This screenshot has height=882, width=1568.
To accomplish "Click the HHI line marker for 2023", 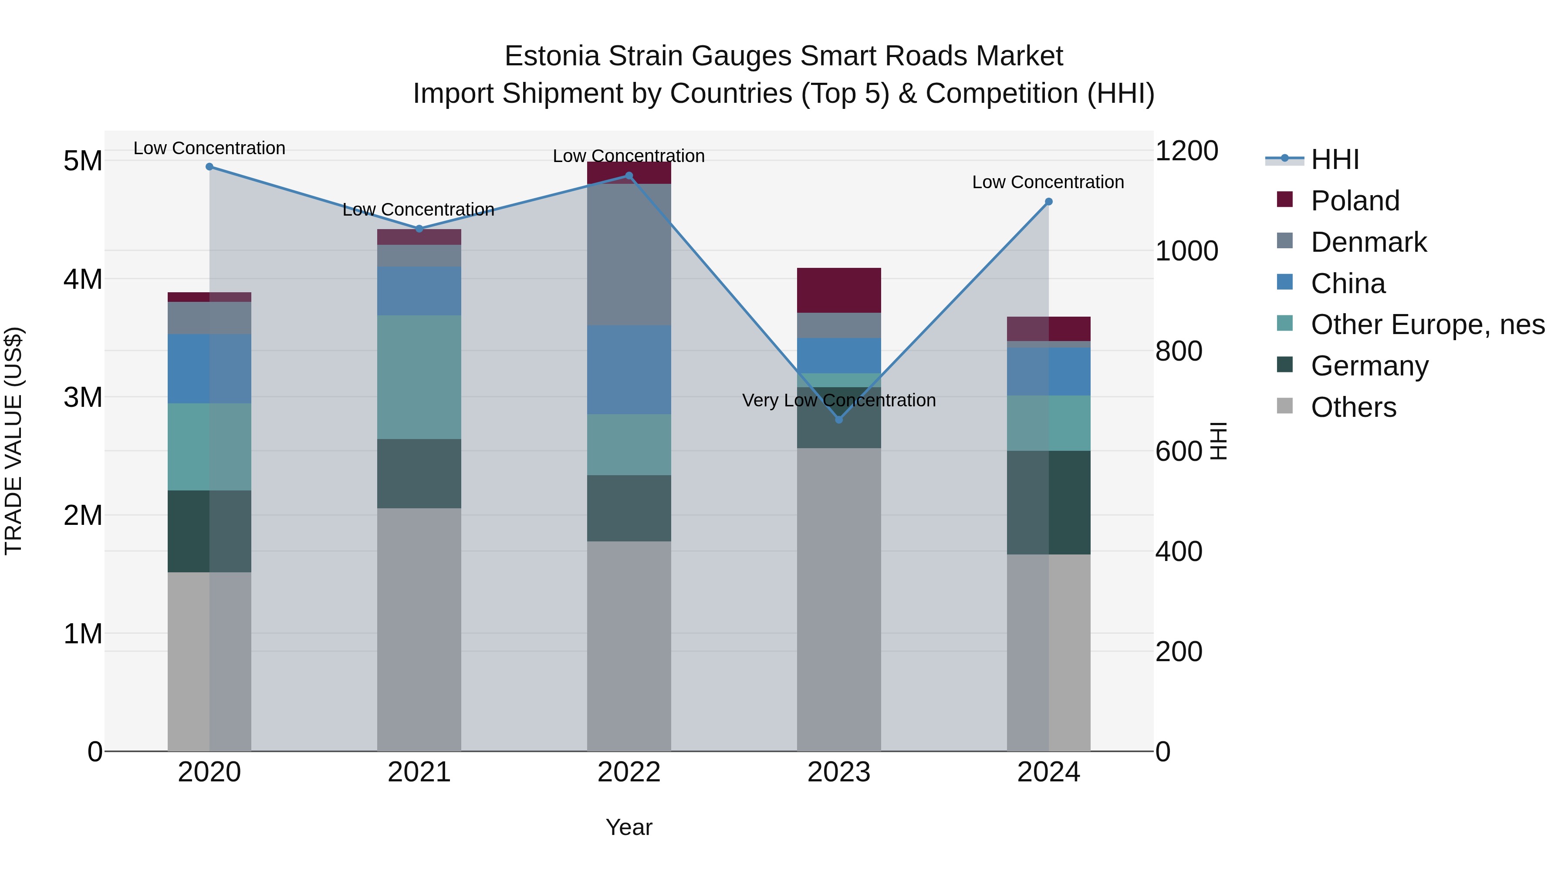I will (x=839, y=419).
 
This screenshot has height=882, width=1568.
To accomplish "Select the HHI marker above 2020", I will (x=210, y=166).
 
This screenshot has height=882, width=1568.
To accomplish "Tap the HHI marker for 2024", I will (x=1048, y=202).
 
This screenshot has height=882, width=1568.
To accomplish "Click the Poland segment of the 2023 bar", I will (x=839, y=291).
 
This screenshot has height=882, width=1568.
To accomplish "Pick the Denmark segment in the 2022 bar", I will (x=629, y=254).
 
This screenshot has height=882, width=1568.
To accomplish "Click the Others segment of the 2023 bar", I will (x=839, y=600).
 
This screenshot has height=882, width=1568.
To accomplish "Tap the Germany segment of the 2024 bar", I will (x=1048, y=502).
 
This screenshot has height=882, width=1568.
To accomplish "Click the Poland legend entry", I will (x=1355, y=201).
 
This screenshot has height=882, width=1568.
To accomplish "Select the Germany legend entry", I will (x=1369, y=366).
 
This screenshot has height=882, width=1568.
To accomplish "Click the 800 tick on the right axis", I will (x=1179, y=351).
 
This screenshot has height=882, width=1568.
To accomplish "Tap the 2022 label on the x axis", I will (x=629, y=772).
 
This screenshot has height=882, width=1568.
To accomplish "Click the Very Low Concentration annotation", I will (x=839, y=401).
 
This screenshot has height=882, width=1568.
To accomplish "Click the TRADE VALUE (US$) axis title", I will (x=14, y=441).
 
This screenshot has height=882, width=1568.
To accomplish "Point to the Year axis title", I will (x=629, y=827).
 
